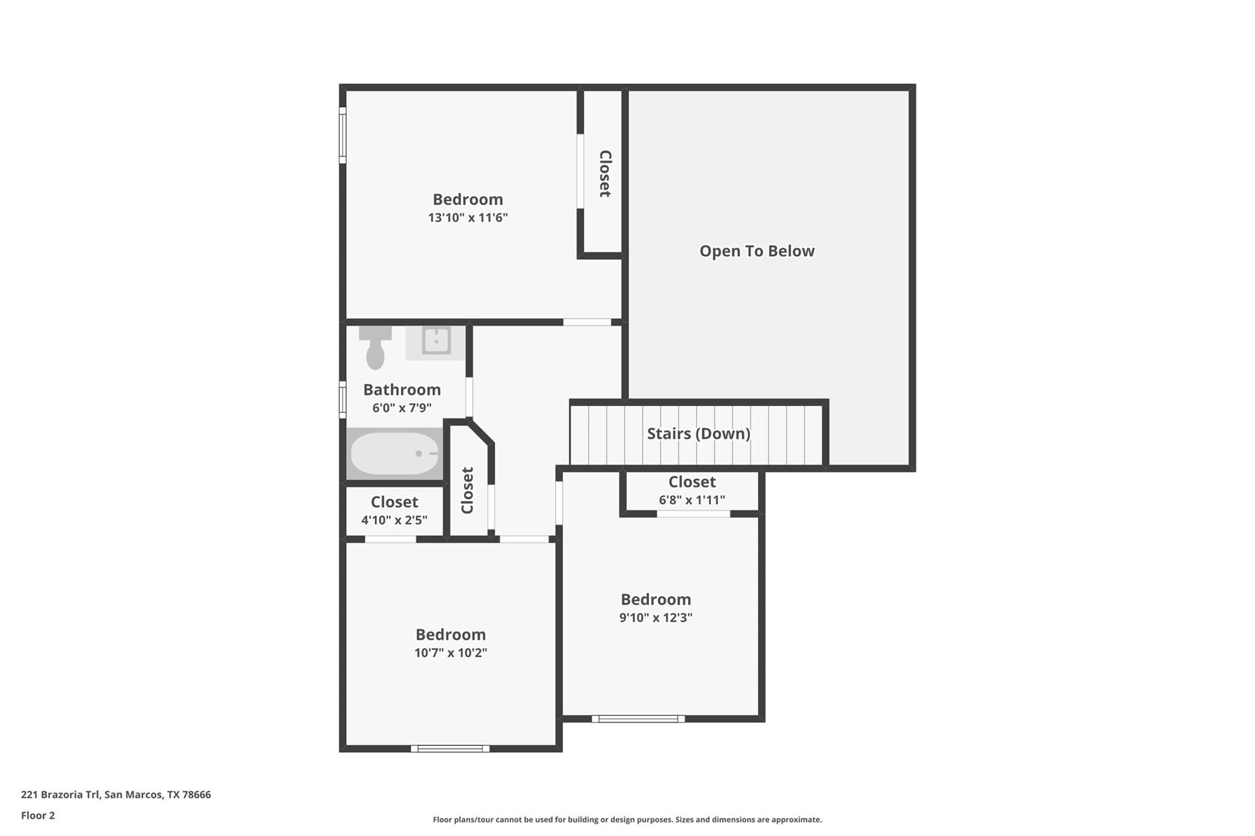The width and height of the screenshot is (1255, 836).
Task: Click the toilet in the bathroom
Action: (x=375, y=349)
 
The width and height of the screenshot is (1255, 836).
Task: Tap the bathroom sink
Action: (x=436, y=341)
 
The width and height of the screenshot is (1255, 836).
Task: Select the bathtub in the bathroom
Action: (x=394, y=453)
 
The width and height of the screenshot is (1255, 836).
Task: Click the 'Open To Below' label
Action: (x=757, y=251)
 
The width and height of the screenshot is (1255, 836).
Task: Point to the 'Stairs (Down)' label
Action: (x=699, y=434)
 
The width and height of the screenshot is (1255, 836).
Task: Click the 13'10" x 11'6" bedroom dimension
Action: (x=468, y=217)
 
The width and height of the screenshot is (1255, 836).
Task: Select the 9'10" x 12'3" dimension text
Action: (x=656, y=617)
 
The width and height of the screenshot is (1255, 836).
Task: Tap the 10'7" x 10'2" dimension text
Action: (x=450, y=653)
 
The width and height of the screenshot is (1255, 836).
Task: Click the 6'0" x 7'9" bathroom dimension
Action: (x=402, y=408)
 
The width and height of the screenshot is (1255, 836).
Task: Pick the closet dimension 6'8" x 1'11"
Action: (x=692, y=500)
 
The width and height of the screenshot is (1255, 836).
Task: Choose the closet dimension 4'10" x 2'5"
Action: (x=394, y=520)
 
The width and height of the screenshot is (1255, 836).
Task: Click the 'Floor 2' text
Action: (x=38, y=815)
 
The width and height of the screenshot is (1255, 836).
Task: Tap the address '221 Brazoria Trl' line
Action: (x=116, y=794)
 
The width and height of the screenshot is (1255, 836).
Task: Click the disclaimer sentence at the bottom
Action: (x=627, y=819)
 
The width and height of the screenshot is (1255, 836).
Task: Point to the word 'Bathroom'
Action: (x=402, y=390)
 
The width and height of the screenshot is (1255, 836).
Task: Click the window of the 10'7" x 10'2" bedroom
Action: (x=450, y=748)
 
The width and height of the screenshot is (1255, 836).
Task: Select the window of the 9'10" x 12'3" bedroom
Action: (x=638, y=718)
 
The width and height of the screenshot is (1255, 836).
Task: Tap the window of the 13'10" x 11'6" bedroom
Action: (x=343, y=135)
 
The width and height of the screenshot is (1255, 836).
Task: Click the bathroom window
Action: (x=343, y=399)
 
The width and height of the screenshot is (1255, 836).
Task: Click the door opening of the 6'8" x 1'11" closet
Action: (x=693, y=514)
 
